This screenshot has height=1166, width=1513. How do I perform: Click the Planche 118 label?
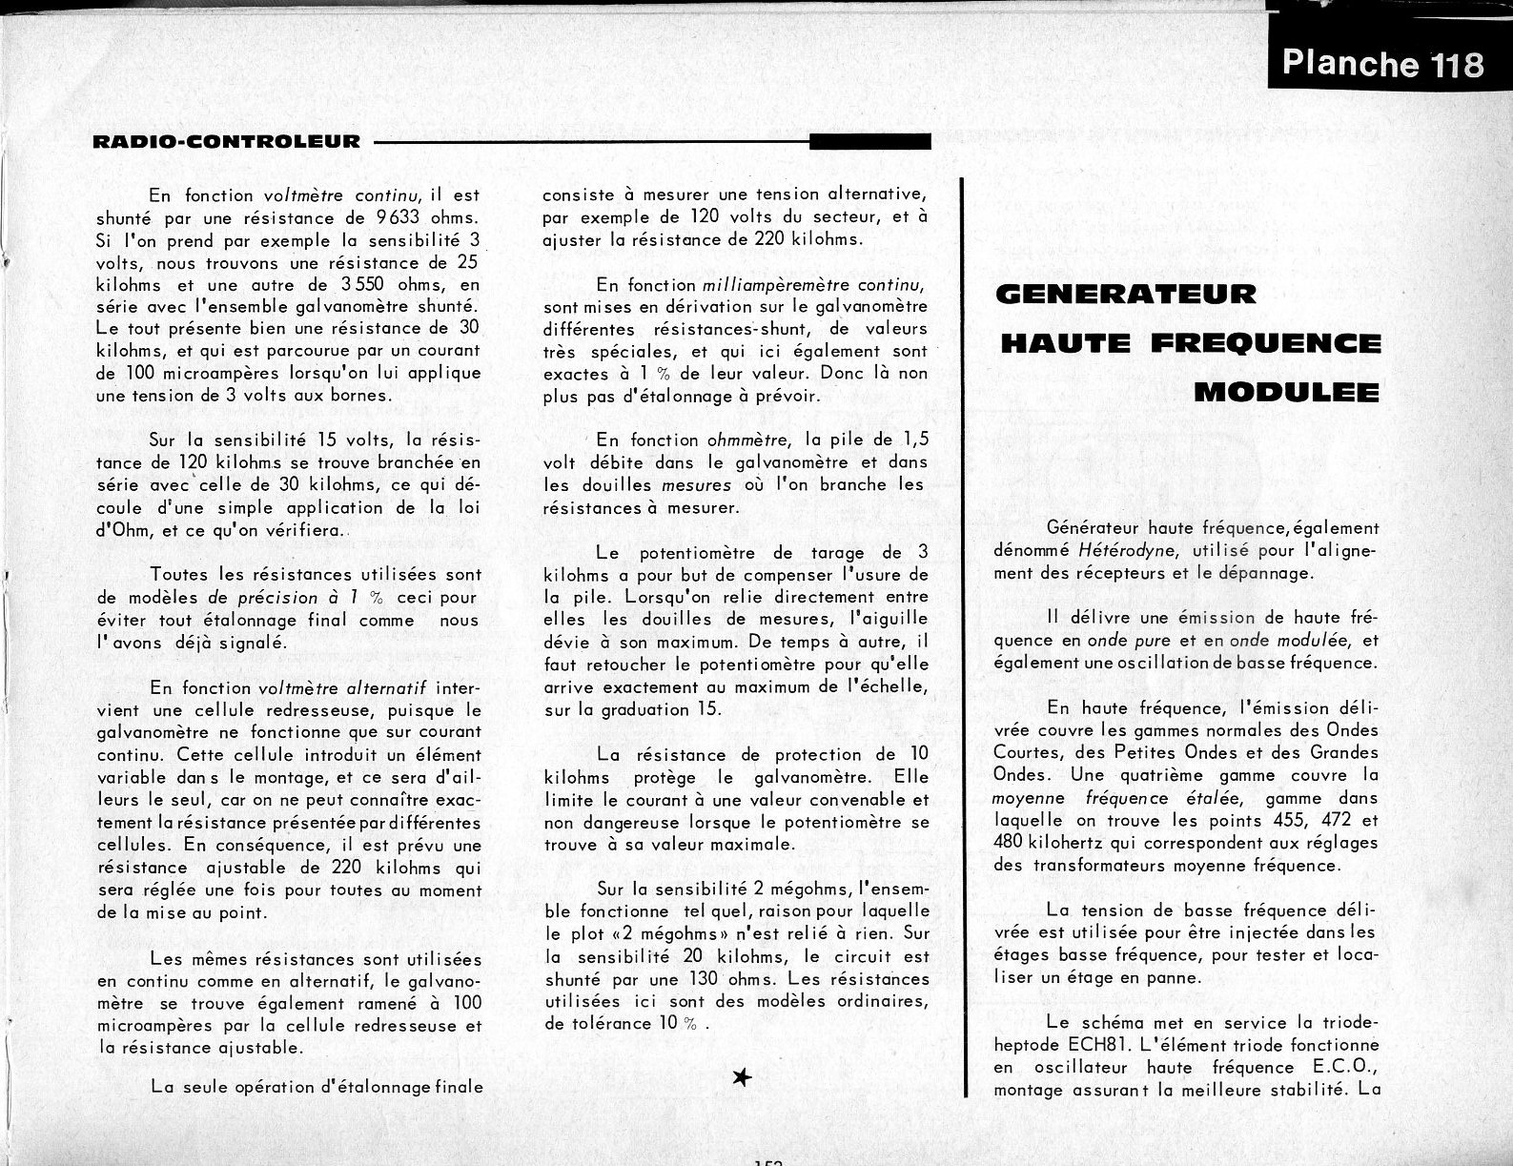click(x=1382, y=63)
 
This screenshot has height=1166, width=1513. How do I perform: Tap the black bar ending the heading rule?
click(x=869, y=142)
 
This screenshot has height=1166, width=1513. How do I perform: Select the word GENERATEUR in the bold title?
click(x=1126, y=294)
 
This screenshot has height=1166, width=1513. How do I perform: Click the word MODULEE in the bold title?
click(x=1287, y=392)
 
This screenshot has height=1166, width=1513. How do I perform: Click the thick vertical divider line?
click(x=965, y=639)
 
